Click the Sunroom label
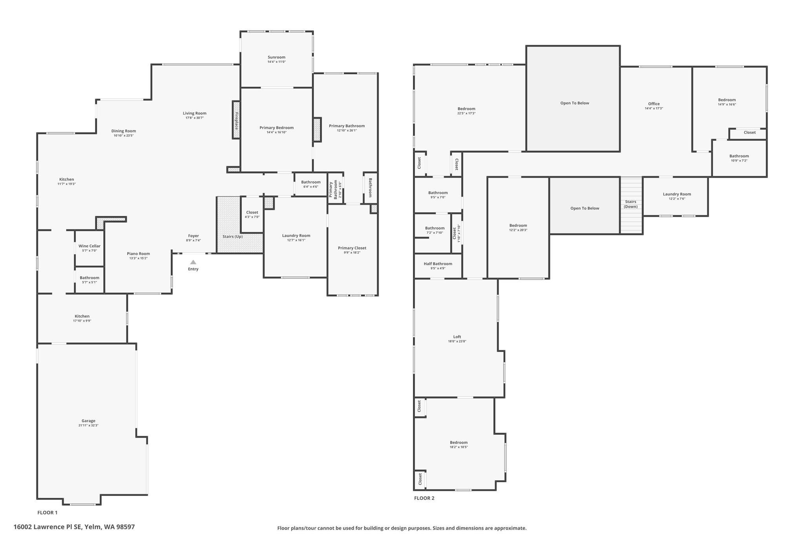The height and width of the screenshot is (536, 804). pos(276,57)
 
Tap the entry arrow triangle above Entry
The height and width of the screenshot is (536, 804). pos(193,262)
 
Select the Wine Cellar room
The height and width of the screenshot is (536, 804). pos(90,248)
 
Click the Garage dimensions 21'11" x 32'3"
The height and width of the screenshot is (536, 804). pos(88,425)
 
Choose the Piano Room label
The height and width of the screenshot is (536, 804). pos(138,254)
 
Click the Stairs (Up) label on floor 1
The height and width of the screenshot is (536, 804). pos(232,236)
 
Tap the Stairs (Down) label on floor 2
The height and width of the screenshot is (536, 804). pos(631,204)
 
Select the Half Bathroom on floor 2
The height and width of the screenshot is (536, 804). pos(438,266)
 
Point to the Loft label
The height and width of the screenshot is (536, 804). pos(457,337)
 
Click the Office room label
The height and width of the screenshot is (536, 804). pos(654,104)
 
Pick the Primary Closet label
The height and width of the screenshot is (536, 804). pos(352,248)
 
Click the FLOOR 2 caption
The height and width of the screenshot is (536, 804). pos(424,498)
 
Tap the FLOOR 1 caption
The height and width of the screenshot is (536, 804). pos(48,512)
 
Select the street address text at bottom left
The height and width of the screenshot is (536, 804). pos(74,527)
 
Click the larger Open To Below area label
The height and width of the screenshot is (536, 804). pos(574,103)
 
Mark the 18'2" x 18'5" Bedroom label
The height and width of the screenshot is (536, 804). pos(459,443)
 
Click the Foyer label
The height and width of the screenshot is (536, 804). pos(194,236)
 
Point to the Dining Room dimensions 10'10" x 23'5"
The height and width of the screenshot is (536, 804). pos(124,135)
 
